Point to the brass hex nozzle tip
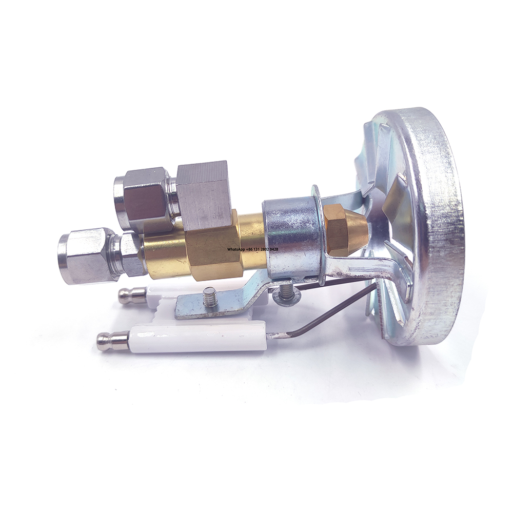(341, 228)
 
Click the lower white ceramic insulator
(200, 338)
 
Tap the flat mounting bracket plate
(226, 303)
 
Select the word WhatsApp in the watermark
(239, 249)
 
